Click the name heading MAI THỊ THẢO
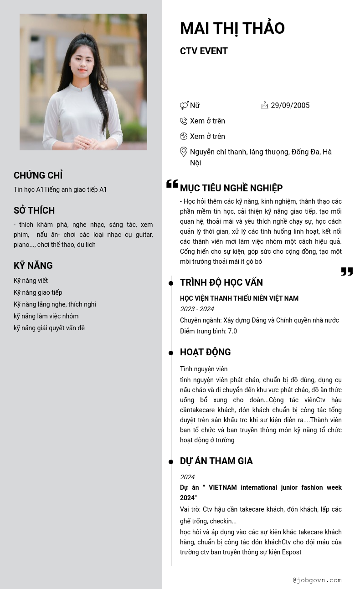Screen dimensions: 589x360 pyautogui.click(x=232, y=28)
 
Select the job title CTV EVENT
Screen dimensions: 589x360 pyautogui.click(x=204, y=51)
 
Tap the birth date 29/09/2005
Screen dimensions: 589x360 pyautogui.click(x=290, y=105)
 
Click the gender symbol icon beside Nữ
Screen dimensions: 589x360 pyautogui.click(x=184, y=106)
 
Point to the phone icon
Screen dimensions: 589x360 pyautogui.click(x=184, y=121)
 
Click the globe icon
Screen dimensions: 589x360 pyautogui.click(x=184, y=136)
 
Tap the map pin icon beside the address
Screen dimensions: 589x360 pyautogui.click(x=184, y=152)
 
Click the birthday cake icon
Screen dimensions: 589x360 pyautogui.click(x=265, y=105)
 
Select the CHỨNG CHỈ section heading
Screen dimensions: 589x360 pyautogui.click(x=38, y=175)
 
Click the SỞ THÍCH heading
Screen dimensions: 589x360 pyautogui.click(x=34, y=210)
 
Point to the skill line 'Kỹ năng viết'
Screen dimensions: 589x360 pyautogui.click(x=31, y=281)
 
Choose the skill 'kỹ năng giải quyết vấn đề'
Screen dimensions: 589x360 pyautogui.click(x=49, y=328)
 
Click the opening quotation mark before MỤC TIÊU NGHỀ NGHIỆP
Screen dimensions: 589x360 pyautogui.click(x=172, y=184)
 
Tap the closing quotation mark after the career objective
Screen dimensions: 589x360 pyautogui.click(x=347, y=271)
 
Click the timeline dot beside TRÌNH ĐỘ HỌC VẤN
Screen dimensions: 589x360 pyautogui.click(x=171, y=283)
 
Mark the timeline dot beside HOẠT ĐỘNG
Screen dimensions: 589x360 pyautogui.click(x=171, y=353)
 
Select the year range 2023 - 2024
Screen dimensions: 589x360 pyautogui.click(x=197, y=309)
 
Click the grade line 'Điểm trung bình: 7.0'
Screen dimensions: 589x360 pyautogui.click(x=208, y=331)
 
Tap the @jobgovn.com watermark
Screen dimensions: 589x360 pyautogui.click(x=317, y=580)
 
